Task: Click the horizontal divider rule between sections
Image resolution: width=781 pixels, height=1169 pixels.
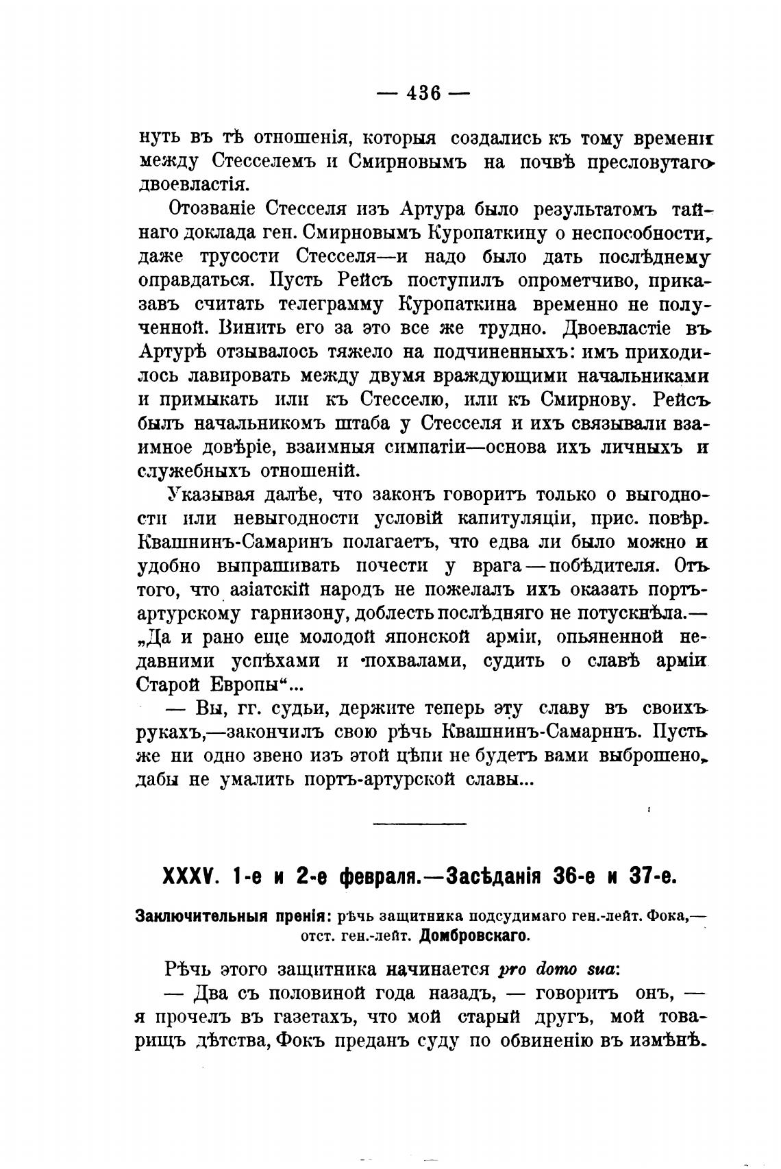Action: click(x=419, y=822)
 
